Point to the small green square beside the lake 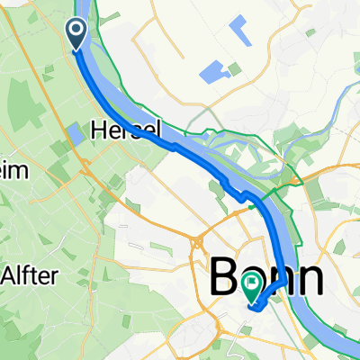(235, 69)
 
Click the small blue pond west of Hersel (73, 135)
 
